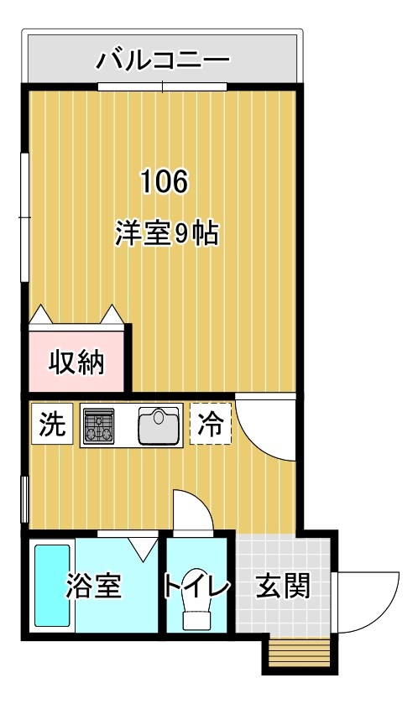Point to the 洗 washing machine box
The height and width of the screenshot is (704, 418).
click(x=51, y=425)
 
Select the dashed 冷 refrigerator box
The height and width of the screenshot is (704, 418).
click(x=209, y=425)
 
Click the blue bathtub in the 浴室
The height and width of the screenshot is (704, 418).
click(x=51, y=587)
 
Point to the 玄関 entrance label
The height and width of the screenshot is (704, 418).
click(x=282, y=586)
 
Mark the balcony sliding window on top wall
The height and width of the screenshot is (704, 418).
click(x=163, y=86)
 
